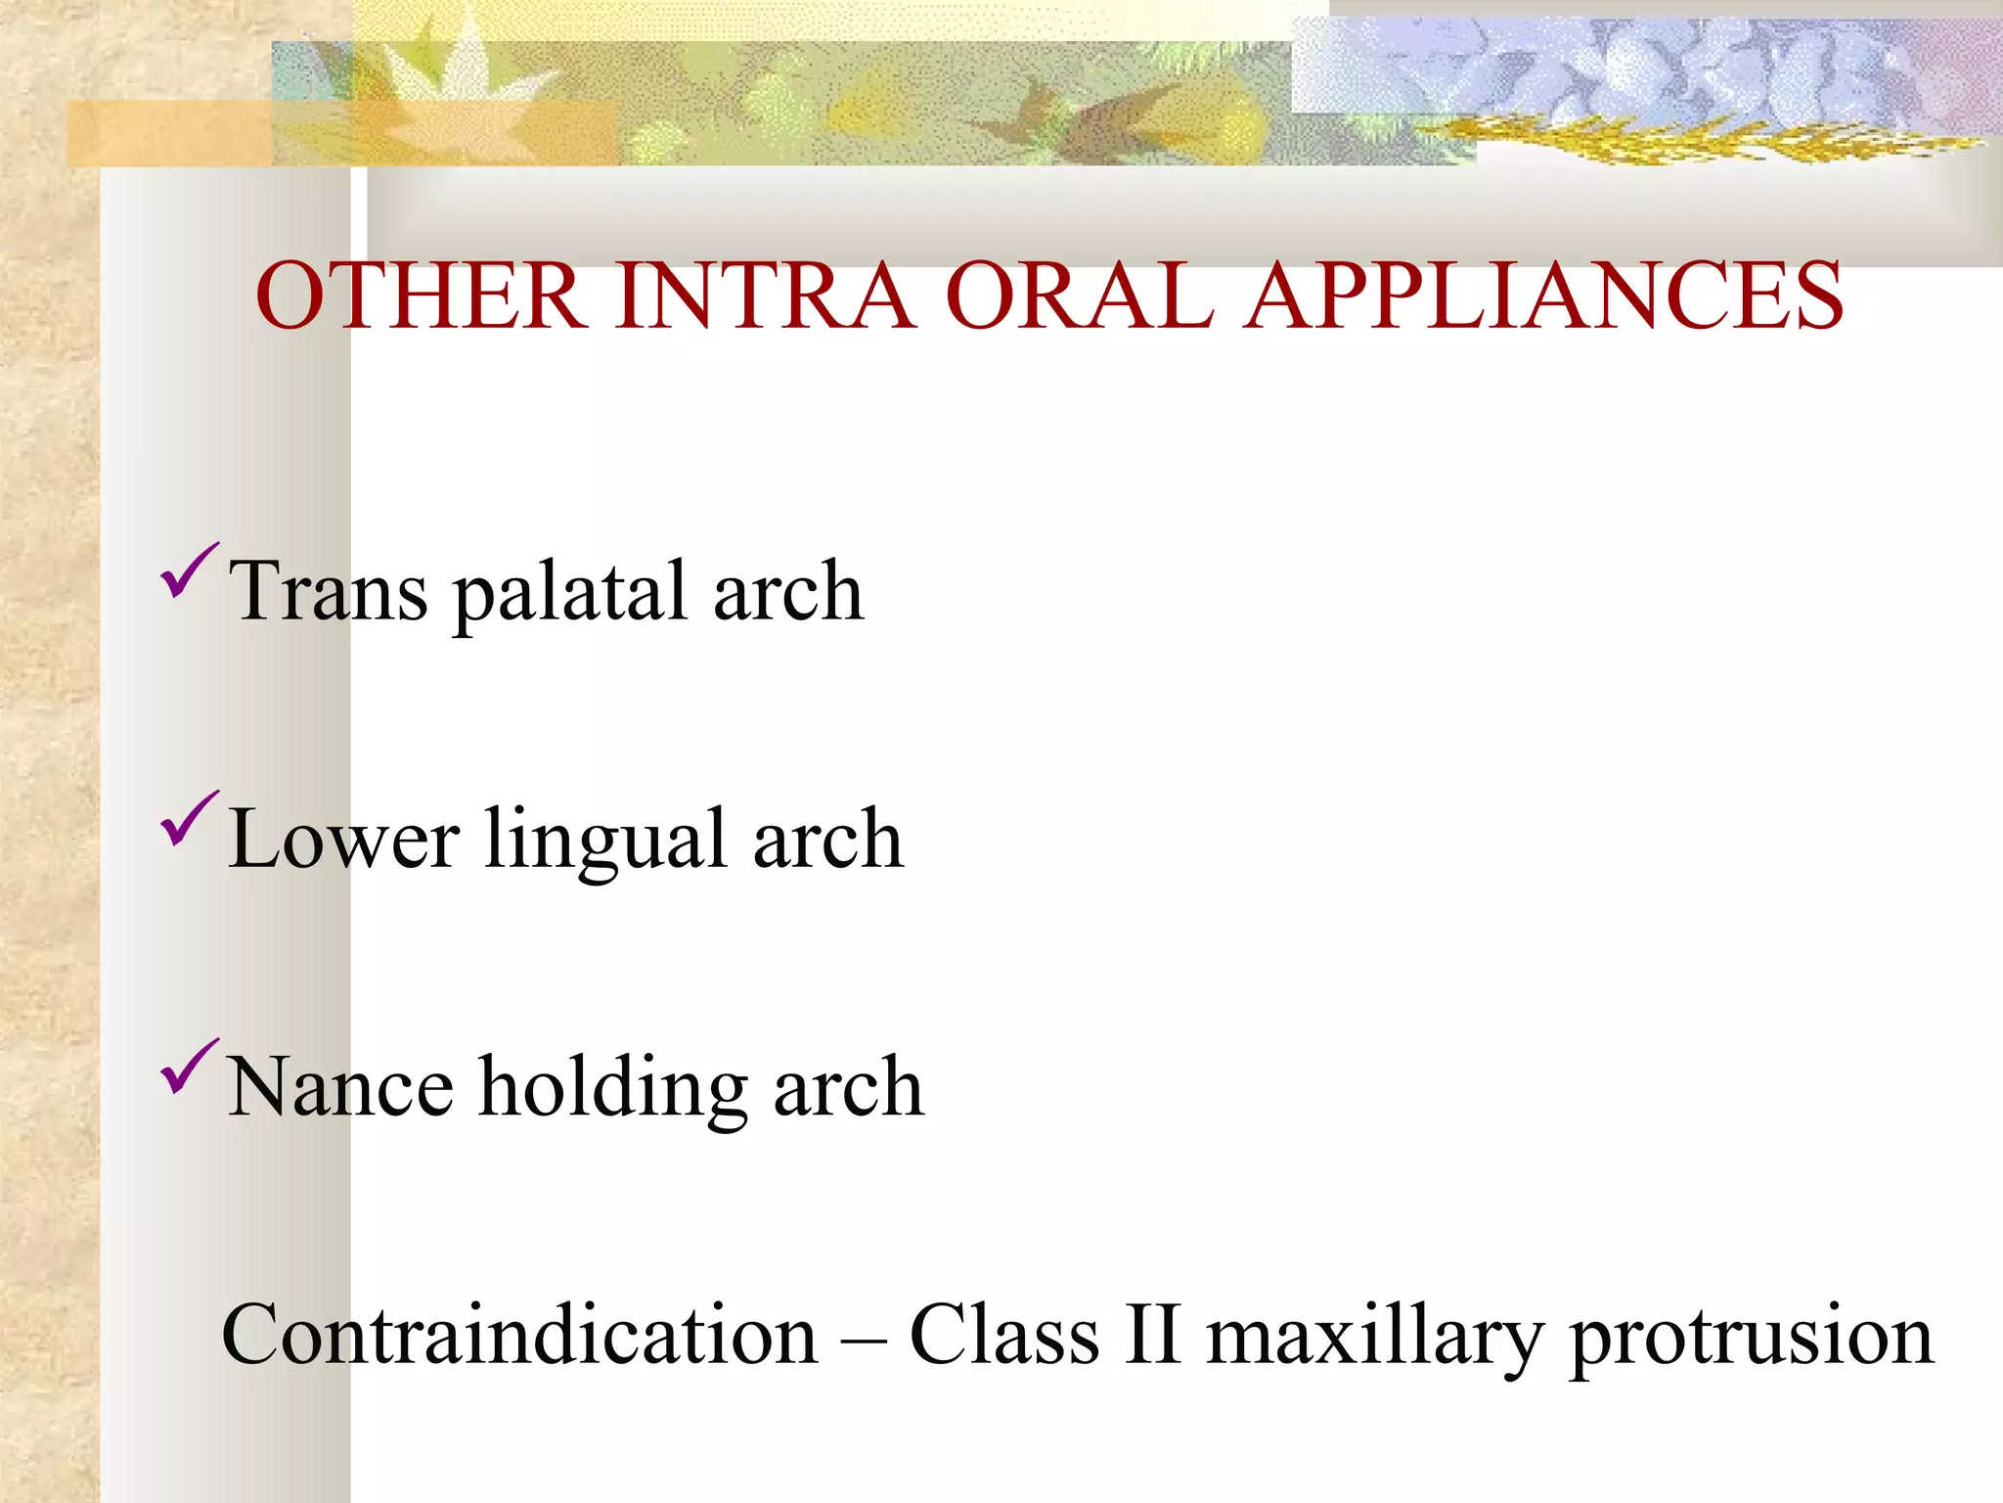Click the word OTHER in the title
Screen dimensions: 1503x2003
(421, 296)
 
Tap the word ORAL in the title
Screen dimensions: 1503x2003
(1080, 296)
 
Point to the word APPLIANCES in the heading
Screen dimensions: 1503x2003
(1545, 296)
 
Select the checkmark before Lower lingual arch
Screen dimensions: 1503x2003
(188, 819)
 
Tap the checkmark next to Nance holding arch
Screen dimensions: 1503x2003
(188, 1068)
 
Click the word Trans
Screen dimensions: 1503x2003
(328, 591)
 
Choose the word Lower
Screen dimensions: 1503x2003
(342, 840)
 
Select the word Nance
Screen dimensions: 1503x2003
(339, 1088)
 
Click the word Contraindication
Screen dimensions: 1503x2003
(519, 1336)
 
